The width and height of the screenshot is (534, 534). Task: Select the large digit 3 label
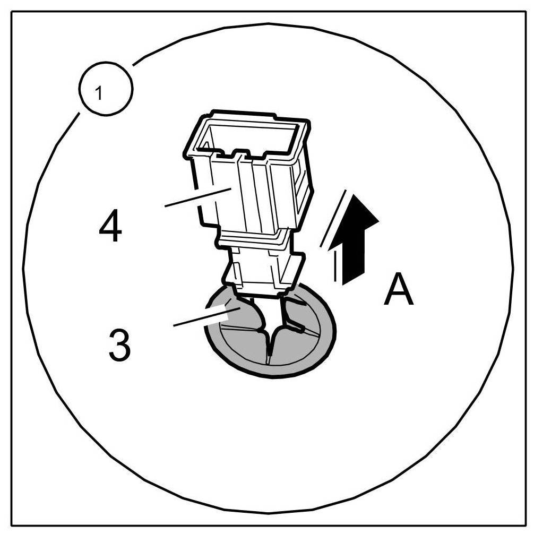(118, 344)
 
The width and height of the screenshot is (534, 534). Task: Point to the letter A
(399, 290)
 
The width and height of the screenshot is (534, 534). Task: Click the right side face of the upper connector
(300, 180)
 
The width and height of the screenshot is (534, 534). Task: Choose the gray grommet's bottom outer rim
(271, 375)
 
